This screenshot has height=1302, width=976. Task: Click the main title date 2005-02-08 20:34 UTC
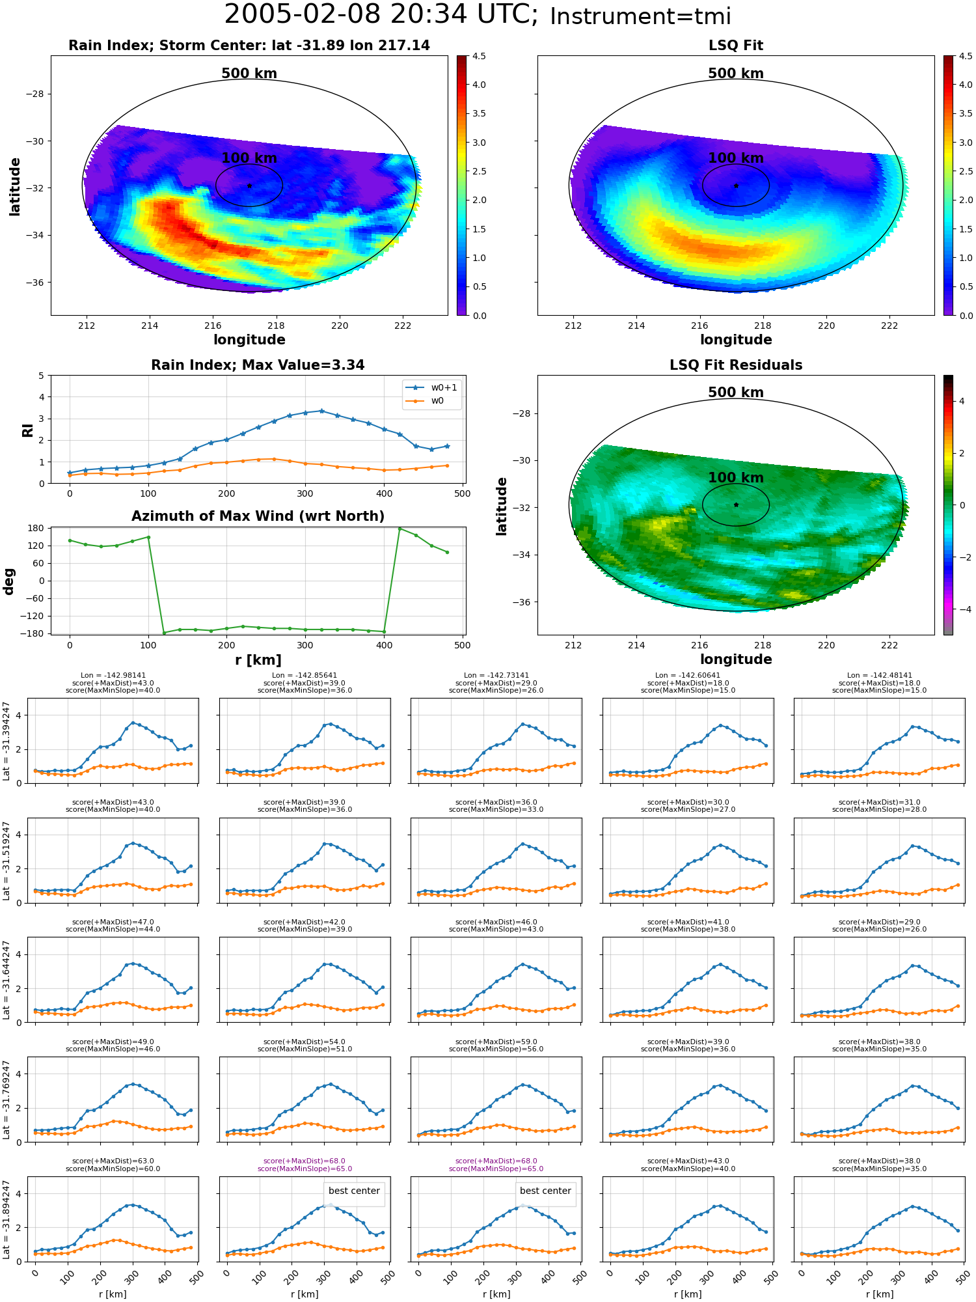[x=381, y=15]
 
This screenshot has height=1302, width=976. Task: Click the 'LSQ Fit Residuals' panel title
[x=736, y=365]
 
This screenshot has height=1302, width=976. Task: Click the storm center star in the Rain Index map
[x=249, y=186]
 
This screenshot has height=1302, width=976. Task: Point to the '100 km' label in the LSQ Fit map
[x=736, y=158]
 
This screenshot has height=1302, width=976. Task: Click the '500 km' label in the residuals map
[x=736, y=393]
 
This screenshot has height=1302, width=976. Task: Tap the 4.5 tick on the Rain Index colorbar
[x=479, y=57]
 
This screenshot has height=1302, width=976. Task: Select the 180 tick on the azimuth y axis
[x=35, y=528]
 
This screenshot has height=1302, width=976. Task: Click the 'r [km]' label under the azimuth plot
[x=258, y=660]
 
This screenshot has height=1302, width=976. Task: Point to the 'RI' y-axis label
[x=28, y=430]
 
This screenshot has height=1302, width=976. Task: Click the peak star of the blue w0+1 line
[x=321, y=411]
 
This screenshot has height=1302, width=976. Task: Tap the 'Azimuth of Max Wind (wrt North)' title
[x=258, y=516]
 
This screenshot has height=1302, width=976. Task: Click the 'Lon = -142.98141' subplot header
[x=113, y=675]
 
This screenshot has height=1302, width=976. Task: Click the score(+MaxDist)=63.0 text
[x=113, y=1161]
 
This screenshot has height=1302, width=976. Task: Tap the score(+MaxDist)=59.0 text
[x=496, y=1042]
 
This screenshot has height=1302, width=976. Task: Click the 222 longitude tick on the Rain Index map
[x=403, y=325]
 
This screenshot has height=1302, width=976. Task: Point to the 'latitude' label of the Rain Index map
[x=15, y=186]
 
